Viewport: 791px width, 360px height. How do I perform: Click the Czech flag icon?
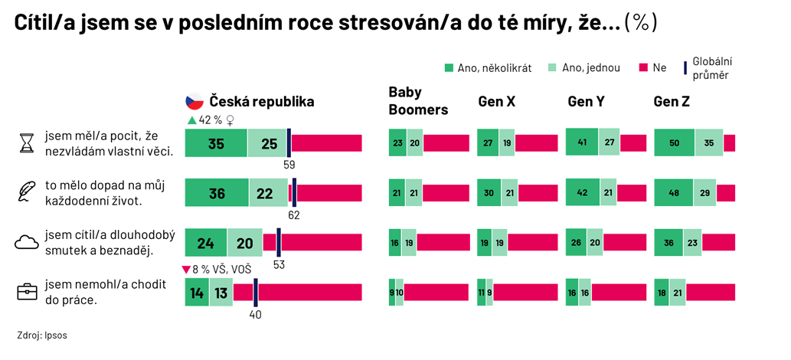(194, 101)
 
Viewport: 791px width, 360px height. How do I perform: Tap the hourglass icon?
(25, 143)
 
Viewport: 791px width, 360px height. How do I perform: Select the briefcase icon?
(28, 291)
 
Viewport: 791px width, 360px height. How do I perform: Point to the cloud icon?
(28, 242)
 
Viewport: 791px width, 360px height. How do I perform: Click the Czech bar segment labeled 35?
(216, 143)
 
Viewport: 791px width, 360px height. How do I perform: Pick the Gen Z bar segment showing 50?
(675, 142)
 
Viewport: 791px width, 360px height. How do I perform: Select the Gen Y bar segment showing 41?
(582, 142)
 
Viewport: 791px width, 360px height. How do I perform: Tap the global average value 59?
(289, 164)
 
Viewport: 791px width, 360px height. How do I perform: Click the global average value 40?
(255, 315)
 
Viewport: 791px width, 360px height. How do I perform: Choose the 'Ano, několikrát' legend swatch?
(449, 67)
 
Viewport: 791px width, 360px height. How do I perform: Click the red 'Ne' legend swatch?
(644, 67)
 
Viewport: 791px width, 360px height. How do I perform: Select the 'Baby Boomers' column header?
(418, 101)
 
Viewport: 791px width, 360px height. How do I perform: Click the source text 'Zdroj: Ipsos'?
(42, 335)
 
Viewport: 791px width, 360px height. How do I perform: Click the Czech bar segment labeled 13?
(221, 292)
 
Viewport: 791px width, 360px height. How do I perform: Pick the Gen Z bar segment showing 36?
(669, 242)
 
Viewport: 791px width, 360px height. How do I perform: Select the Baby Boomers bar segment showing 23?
(397, 143)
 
